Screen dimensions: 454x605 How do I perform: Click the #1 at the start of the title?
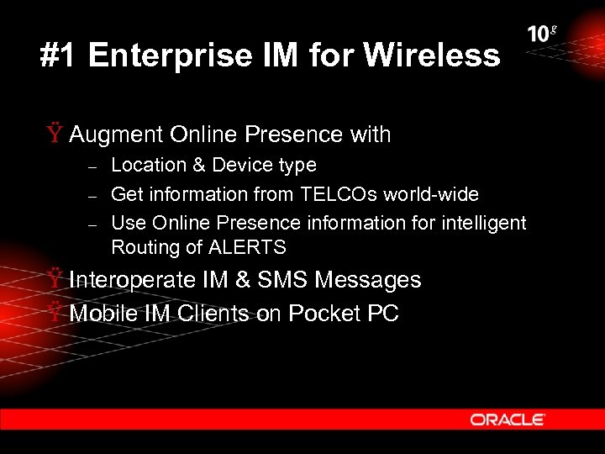click(59, 56)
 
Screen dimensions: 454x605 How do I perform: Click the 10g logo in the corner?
click(542, 34)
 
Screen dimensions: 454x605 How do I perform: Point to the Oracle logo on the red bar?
click(508, 419)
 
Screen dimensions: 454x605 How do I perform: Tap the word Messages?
click(366, 280)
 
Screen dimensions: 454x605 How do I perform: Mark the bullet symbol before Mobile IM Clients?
click(54, 314)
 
